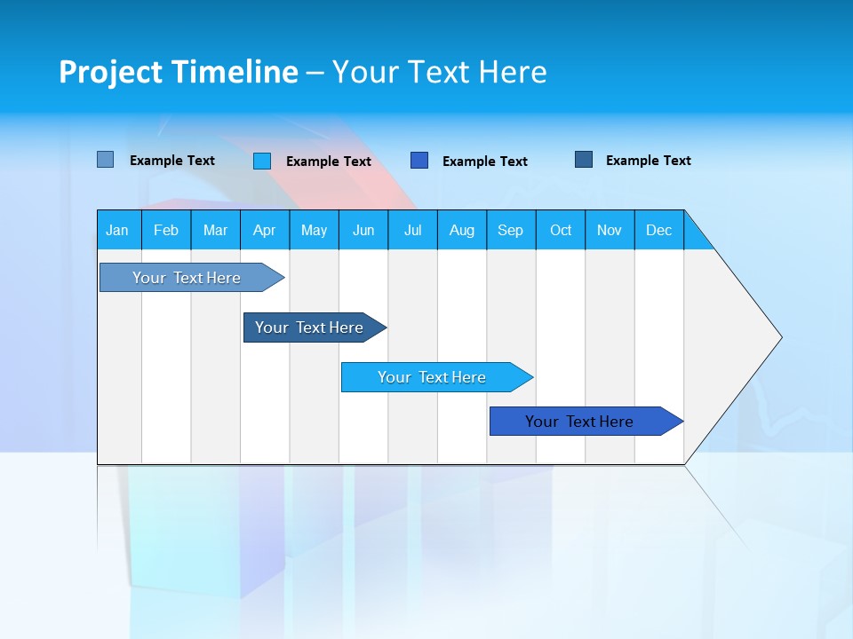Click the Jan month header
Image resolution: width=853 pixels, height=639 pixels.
click(x=117, y=230)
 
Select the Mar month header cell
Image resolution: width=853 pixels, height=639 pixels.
click(x=215, y=230)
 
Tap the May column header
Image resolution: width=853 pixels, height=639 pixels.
click(x=314, y=230)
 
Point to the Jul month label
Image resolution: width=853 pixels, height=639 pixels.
click(x=412, y=230)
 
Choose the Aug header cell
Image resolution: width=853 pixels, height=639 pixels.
click(x=462, y=230)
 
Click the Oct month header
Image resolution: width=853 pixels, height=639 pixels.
click(x=561, y=230)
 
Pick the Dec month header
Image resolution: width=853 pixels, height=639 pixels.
click(x=659, y=230)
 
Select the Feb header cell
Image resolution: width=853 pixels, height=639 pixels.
click(x=166, y=230)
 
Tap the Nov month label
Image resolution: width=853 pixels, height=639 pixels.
click(x=610, y=230)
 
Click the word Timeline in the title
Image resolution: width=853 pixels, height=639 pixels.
click(x=232, y=72)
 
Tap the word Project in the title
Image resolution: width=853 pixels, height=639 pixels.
click(x=108, y=72)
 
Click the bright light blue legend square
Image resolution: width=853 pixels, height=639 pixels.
click(x=262, y=161)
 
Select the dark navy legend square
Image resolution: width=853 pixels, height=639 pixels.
click(x=584, y=160)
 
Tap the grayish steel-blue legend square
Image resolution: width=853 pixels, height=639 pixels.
click(x=106, y=160)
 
